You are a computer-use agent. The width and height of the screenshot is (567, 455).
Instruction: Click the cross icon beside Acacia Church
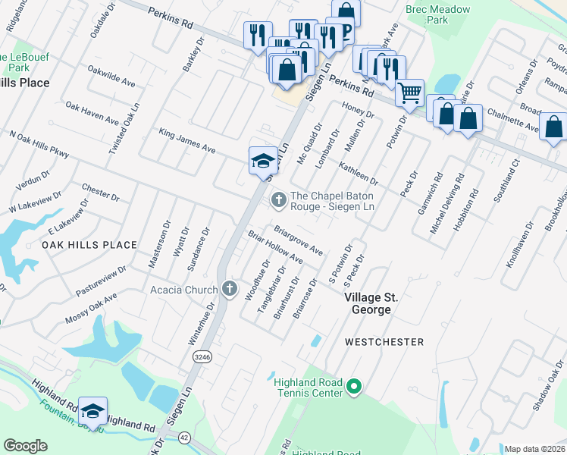230,288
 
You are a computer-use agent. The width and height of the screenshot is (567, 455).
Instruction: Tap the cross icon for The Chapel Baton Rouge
278,199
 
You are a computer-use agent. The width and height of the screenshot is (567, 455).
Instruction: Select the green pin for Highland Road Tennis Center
353,388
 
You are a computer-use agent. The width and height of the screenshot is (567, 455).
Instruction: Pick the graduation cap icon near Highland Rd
92,410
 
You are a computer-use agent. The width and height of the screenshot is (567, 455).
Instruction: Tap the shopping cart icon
409,93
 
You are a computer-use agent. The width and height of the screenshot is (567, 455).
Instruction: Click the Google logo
25,446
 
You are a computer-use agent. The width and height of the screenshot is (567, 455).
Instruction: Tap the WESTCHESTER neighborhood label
384,342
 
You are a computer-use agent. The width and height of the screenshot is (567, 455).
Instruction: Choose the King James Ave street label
187,141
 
